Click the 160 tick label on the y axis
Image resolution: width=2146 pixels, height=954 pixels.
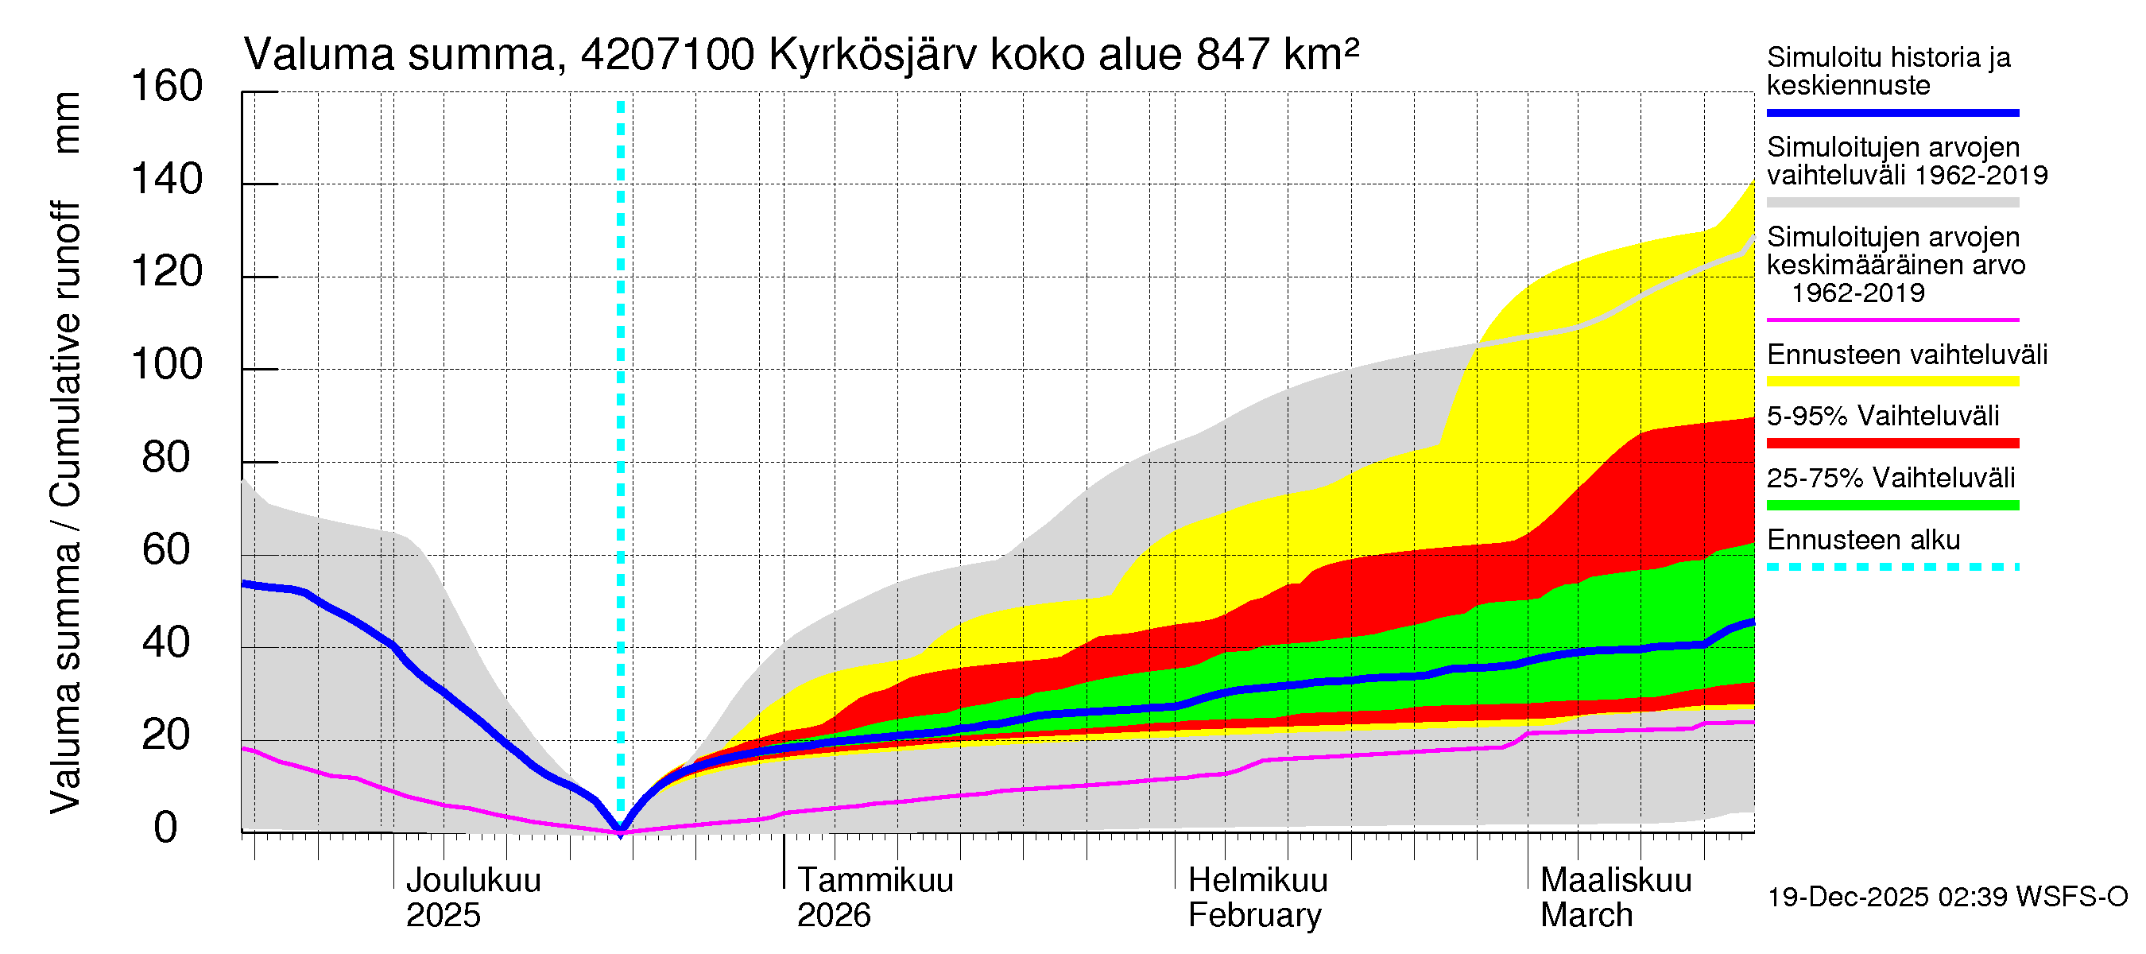coord(167,87)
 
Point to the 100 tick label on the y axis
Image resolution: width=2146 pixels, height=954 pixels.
coord(167,365)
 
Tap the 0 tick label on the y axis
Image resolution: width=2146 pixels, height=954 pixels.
coord(166,828)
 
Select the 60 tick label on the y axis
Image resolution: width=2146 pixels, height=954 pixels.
coord(167,550)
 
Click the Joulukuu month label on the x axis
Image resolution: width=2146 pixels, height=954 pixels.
coord(472,880)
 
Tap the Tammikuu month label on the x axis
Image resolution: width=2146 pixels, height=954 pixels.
coord(875,880)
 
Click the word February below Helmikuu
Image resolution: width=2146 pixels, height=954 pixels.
coord(1253,916)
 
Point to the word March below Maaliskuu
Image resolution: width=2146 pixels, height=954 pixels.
coord(1586,916)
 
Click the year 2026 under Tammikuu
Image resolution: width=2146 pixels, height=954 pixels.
coord(833,916)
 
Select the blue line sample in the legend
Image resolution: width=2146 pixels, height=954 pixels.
coord(1892,112)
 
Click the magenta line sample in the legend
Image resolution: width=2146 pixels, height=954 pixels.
coord(1892,320)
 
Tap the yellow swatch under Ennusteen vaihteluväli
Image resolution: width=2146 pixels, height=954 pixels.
coord(1892,382)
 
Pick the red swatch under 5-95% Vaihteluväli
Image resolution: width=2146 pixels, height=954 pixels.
coord(1892,444)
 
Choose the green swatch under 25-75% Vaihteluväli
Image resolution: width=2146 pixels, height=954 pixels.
coord(1892,505)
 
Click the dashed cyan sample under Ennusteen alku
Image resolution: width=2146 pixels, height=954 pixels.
coord(1892,568)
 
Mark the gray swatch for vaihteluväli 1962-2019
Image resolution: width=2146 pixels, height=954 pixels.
coord(1892,203)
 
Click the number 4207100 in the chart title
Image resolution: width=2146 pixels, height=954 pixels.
coord(668,55)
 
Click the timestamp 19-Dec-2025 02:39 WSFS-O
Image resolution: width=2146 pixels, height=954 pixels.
coord(1947,898)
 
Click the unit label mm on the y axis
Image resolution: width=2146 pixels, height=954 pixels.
coord(67,122)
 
